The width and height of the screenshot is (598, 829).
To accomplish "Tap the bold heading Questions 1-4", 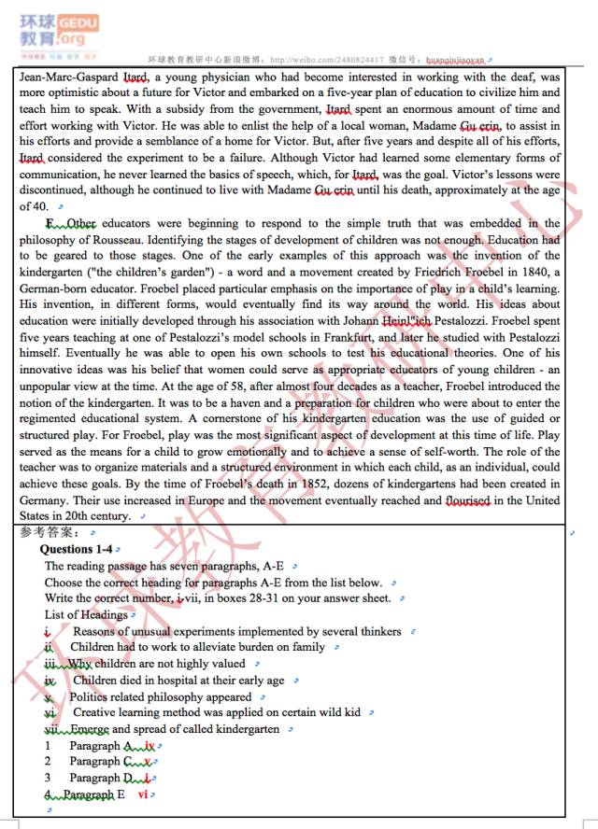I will click(x=76, y=550).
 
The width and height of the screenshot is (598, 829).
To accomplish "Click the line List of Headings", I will click(x=86, y=614).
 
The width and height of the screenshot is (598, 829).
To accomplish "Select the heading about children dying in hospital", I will click(x=178, y=681).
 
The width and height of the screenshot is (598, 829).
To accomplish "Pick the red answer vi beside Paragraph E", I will click(x=143, y=794).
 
